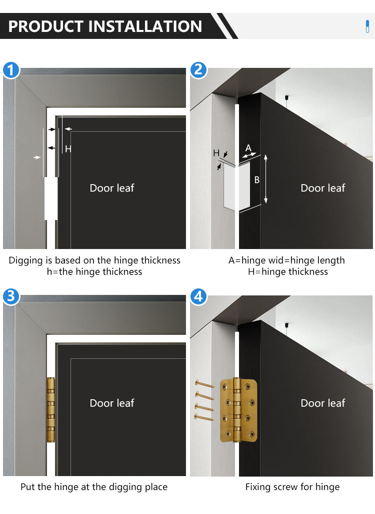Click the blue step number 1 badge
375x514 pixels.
(11, 69)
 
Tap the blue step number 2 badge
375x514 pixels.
(198, 69)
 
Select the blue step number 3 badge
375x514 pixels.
(11, 297)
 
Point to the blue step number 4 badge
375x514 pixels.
(198, 297)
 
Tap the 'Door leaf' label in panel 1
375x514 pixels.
(112, 188)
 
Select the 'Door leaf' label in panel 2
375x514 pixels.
(322, 188)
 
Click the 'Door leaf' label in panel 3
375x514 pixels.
(112, 403)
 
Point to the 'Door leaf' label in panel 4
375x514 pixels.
(322, 403)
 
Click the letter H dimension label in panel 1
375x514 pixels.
(68, 149)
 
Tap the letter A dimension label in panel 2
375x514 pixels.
(248, 148)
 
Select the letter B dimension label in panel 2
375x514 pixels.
(257, 180)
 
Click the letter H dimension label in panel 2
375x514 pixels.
(216, 153)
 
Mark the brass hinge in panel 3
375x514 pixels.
(50, 409)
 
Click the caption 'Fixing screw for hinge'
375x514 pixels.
(292, 487)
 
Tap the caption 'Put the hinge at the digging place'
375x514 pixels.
(94, 487)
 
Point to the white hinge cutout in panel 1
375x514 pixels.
(50, 199)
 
